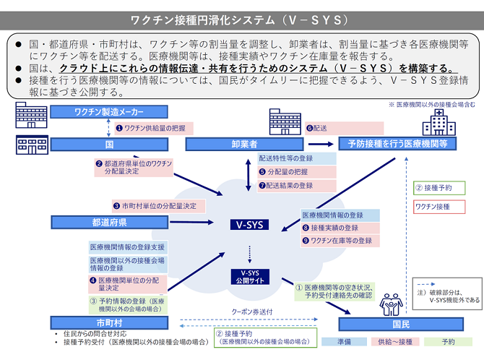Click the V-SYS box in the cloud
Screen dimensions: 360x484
click(249, 225)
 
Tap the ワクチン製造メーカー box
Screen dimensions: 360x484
click(109, 112)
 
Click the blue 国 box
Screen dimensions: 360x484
click(109, 145)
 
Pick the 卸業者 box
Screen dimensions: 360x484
click(243, 145)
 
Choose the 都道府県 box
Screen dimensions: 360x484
click(109, 222)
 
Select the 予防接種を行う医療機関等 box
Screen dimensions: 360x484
click(397, 145)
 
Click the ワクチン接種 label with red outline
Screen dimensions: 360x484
click(433, 207)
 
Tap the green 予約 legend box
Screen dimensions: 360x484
click(448, 341)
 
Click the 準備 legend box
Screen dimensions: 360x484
click(343, 341)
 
